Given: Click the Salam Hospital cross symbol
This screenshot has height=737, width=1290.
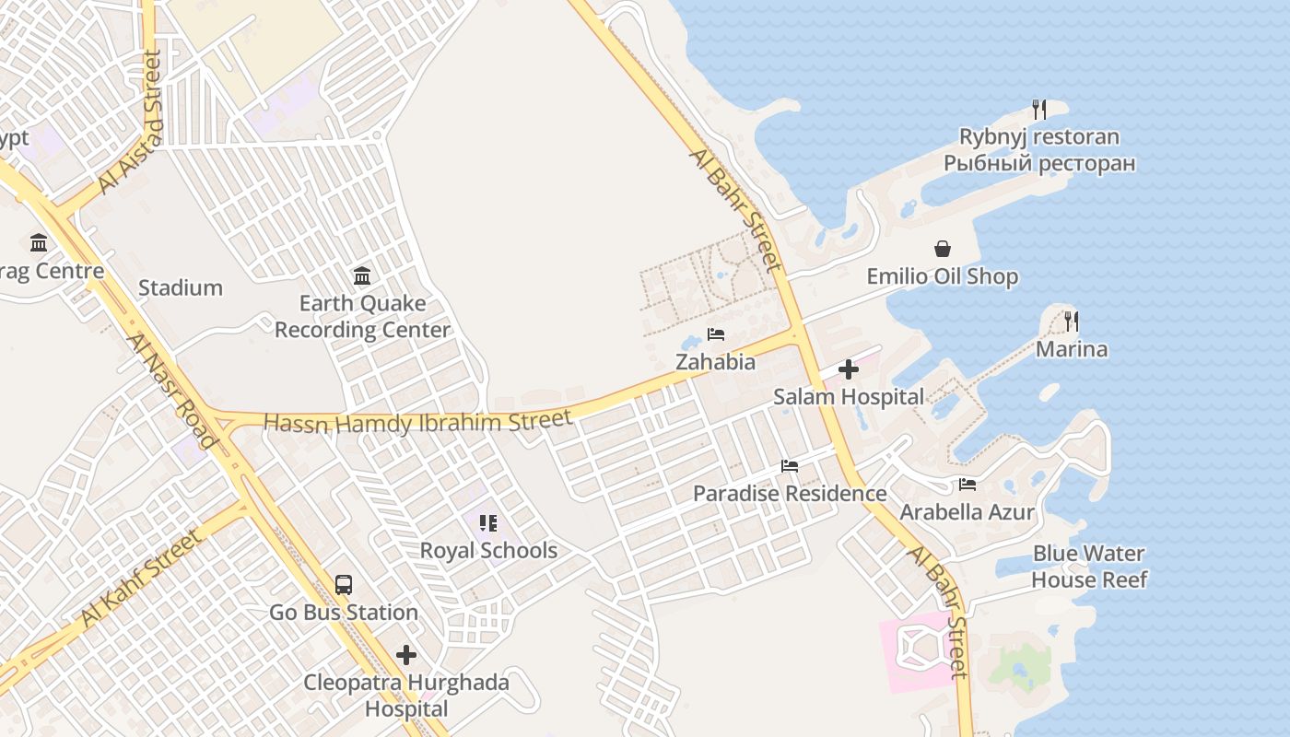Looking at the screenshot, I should pyautogui.click(x=849, y=370).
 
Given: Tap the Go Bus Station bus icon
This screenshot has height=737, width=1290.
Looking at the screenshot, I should pyautogui.click(x=344, y=585).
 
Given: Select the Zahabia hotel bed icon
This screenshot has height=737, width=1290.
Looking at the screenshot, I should pyautogui.click(x=716, y=333).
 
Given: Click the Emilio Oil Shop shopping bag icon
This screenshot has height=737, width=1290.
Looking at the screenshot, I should pyautogui.click(x=943, y=249).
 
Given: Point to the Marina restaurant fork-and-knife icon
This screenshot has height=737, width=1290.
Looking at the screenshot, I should pyautogui.click(x=1071, y=322).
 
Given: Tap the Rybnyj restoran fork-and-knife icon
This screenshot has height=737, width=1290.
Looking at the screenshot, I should pyautogui.click(x=1039, y=110).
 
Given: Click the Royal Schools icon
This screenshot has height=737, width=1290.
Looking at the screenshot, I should pyautogui.click(x=488, y=523).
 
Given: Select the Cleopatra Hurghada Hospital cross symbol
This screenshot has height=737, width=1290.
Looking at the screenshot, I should pyautogui.click(x=406, y=655).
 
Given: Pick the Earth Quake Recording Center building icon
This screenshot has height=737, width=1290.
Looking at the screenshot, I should pyautogui.click(x=362, y=275).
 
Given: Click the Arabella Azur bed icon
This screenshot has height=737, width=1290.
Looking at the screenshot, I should pyautogui.click(x=967, y=484).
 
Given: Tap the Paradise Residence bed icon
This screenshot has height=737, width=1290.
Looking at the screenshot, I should pyautogui.click(x=790, y=465).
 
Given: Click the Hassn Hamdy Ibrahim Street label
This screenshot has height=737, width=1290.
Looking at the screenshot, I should pyautogui.click(x=418, y=422).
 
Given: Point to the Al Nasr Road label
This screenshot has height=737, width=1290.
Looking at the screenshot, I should pyautogui.click(x=172, y=391).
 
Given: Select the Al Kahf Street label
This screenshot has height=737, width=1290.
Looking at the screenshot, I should pyautogui.click(x=140, y=578).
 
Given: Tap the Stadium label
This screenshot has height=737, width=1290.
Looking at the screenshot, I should pyautogui.click(x=181, y=287).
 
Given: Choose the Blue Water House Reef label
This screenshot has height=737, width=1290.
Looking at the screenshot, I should pyautogui.click(x=1089, y=567).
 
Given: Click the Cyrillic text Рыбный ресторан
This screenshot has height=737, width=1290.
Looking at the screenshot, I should pyautogui.click(x=1039, y=164).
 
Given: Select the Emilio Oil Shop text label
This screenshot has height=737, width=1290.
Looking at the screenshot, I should pyautogui.click(x=943, y=276).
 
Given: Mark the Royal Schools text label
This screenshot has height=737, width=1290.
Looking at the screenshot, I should pyautogui.click(x=488, y=551).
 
